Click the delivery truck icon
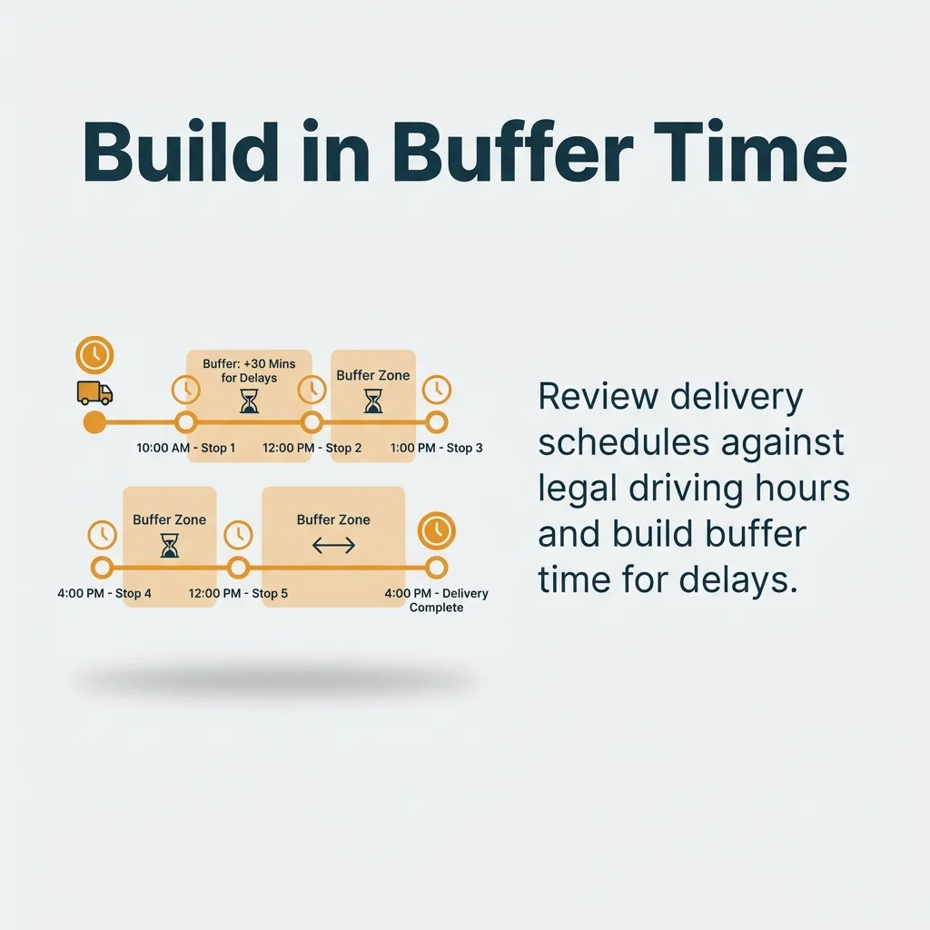click(x=94, y=392)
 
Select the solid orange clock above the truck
click(x=94, y=354)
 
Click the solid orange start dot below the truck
click(x=94, y=422)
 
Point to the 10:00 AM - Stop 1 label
click(x=186, y=448)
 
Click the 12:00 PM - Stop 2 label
click(x=312, y=448)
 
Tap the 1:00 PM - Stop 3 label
click(x=437, y=448)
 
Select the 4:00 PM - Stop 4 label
click(x=104, y=593)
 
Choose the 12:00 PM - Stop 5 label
click(x=238, y=593)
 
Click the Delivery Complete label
click(x=437, y=600)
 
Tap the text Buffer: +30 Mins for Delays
click(x=249, y=371)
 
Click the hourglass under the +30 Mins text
click(x=249, y=401)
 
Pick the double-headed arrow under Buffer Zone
click(x=333, y=546)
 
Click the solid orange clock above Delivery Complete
click(x=437, y=531)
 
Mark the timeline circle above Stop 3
click(x=437, y=422)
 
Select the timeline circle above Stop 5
click(x=238, y=568)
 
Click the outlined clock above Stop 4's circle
click(x=103, y=534)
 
